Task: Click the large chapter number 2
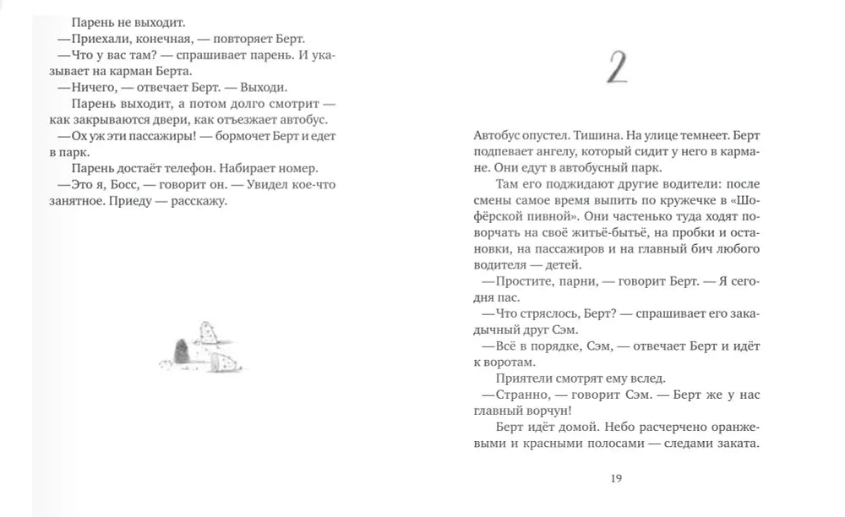(x=618, y=68)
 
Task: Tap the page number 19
(x=615, y=479)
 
